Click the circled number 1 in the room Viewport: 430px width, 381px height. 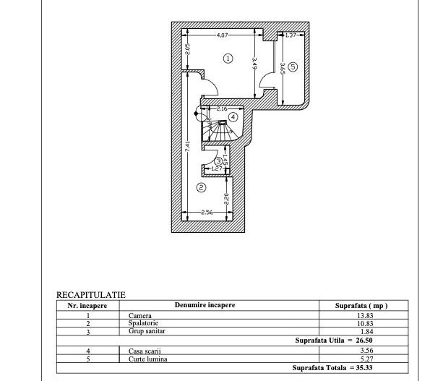coord(228,58)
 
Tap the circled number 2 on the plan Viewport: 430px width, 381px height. coord(201,187)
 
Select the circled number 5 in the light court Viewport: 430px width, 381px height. coord(293,67)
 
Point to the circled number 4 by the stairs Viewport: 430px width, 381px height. coord(233,116)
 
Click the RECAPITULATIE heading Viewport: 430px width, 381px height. coord(91,295)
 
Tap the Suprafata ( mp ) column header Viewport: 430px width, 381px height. coord(362,305)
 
